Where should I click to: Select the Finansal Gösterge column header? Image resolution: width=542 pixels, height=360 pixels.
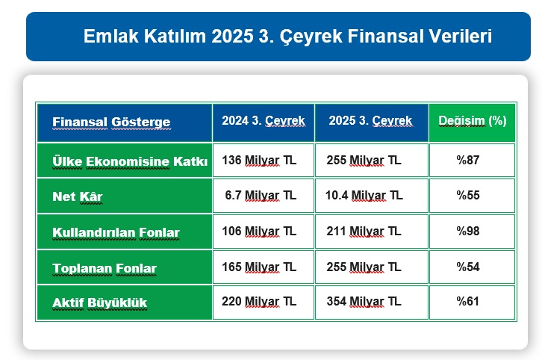coord(111,122)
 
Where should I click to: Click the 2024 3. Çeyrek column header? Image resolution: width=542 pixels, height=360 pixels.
coord(263,120)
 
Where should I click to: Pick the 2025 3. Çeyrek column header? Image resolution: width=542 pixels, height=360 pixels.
coord(370,120)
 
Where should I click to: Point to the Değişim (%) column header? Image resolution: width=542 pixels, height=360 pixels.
coord(472,120)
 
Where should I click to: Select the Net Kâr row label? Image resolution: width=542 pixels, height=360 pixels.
coord(77,196)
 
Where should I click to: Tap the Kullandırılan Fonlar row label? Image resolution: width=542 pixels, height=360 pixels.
coord(116,232)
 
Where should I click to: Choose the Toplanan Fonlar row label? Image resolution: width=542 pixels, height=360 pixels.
coord(105,267)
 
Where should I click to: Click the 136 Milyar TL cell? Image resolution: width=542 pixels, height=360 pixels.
coord(259,160)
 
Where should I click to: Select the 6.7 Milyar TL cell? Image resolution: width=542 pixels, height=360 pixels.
coord(261,196)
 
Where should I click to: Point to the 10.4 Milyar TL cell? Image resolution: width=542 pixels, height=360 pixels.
coord(364,196)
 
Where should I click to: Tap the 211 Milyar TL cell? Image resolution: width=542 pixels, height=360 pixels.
coord(364,232)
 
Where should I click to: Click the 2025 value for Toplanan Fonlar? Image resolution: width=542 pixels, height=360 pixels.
coord(364,267)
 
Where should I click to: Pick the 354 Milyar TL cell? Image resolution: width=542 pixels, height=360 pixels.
coord(364,302)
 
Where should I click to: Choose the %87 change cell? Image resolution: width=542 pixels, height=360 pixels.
coord(468,160)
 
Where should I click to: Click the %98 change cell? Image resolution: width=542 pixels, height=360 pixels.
coord(468,232)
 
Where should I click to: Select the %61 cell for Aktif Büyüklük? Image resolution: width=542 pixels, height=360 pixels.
coord(468,302)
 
